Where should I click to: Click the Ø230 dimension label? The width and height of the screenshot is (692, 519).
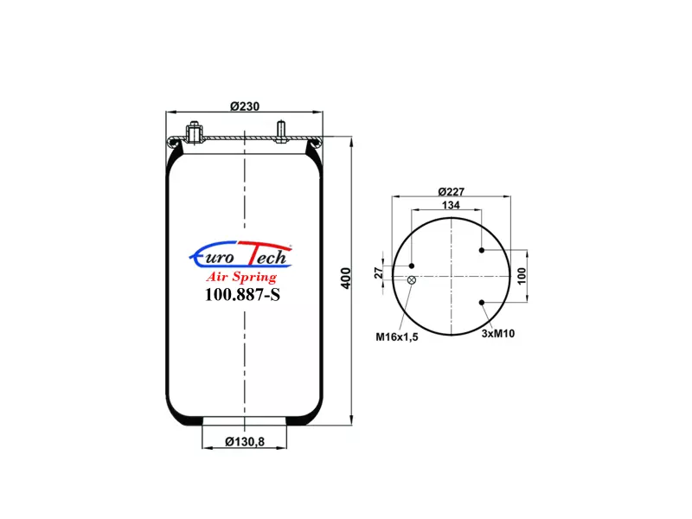[245, 106]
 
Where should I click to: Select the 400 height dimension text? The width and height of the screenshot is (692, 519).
[346, 278]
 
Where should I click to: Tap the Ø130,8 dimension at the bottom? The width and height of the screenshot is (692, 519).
[245, 441]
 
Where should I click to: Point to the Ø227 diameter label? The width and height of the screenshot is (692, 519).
[451, 191]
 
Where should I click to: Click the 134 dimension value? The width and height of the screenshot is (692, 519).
[451, 205]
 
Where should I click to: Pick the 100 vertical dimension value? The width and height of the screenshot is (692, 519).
[522, 276]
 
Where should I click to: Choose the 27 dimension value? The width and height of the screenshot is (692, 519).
[379, 272]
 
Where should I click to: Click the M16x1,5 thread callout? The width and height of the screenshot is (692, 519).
[397, 337]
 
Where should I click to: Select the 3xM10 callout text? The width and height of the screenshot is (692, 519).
[498, 334]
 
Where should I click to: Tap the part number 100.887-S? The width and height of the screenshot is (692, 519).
[242, 294]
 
